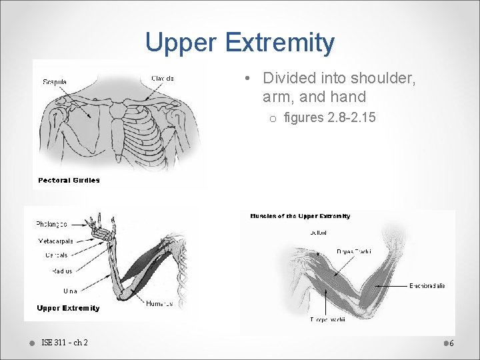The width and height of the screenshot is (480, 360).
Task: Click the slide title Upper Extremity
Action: pyautogui.click(x=240, y=43)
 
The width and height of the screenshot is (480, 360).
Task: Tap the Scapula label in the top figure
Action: pyautogui.click(x=55, y=82)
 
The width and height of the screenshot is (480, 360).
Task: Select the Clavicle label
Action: pyautogui.click(x=163, y=78)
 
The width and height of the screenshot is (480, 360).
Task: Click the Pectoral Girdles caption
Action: pyautogui.click(x=69, y=180)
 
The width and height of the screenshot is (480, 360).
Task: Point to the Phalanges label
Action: pyautogui.click(x=51, y=224)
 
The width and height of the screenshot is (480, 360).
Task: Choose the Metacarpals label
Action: pyautogui.click(x=55, y=241)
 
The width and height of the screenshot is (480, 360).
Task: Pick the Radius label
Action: pyautogui.click(x=62, y=271)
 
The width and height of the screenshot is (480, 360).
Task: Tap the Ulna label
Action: pyautogui.click(x=70, y=291)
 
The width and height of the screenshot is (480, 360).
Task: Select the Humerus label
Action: pyautogui.click(x=159, y=303)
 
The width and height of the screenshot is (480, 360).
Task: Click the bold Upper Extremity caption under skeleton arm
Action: pyautogui.click(x=69, y=308)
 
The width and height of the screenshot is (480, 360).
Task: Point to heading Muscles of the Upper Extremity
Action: pyautogui.click(x=300, y=216)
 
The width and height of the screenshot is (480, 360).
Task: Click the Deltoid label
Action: pyautogui.click(x=318, y=233)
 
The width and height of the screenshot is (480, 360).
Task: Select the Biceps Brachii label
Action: pyautogui.click(x=354, y=251)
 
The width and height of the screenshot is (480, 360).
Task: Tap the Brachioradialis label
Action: pyautogui.click(x=427, y=286)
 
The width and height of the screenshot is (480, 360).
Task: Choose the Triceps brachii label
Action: pyautogui.click(x=326, y=320)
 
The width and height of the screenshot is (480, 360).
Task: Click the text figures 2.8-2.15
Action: pyautogui.click(x=329, y=118)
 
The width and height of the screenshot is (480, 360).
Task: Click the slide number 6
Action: pyautogui.click(x=451, y=343)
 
